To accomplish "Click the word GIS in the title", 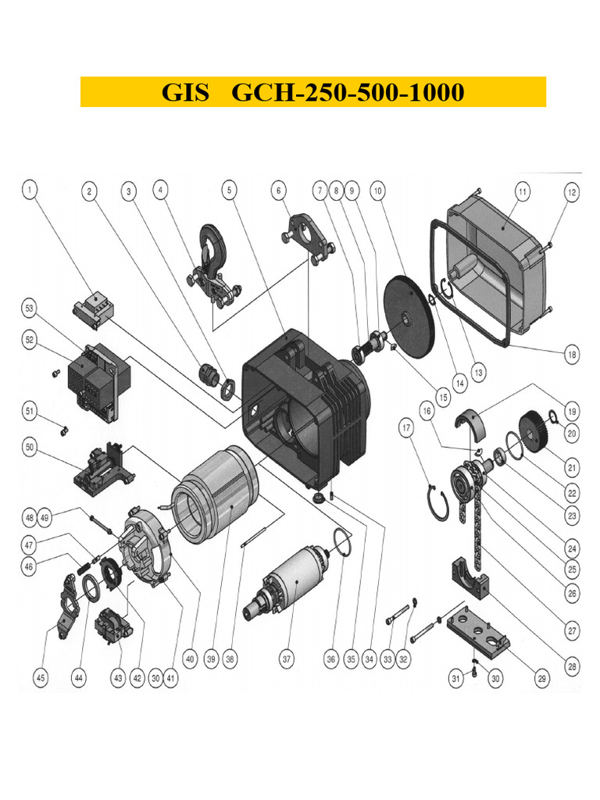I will tap(185, 93).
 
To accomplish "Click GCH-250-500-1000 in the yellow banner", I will tap(348, 93).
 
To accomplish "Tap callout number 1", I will tap(29, 189).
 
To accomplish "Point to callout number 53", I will tap(29, 310).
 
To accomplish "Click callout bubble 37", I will tap(287, 659).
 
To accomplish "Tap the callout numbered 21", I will tap(573, 468).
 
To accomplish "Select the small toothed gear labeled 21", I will tap(534, 430).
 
